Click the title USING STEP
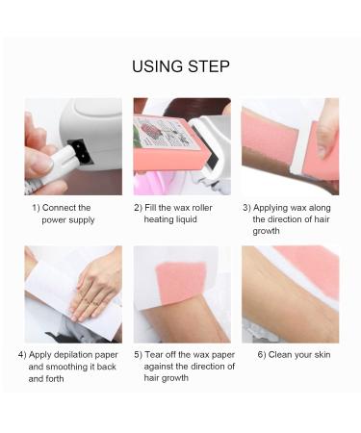pyautogui.click(x=180, y=66)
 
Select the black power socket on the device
pyautogui.click(x=80, y=153)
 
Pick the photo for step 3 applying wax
pyautogui.click(x=289, y=146)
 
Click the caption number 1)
pyautogui.click(x=37, y=208)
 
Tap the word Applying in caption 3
pyautogui.click(x=272, y=208)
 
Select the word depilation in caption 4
pyautogui.click(x=76, y=355)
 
